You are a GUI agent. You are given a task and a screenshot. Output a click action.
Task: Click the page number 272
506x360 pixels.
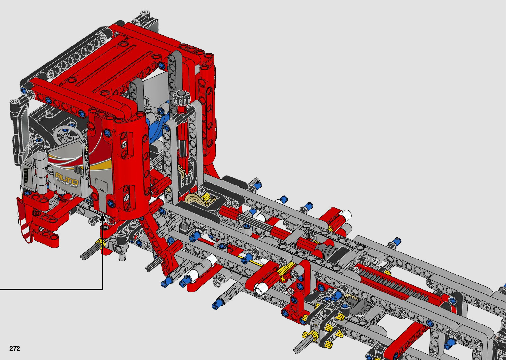pyautogui.click(x=15, y=348)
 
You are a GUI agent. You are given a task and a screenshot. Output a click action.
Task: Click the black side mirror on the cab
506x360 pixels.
pyautogui.click(x=20, y=131)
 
